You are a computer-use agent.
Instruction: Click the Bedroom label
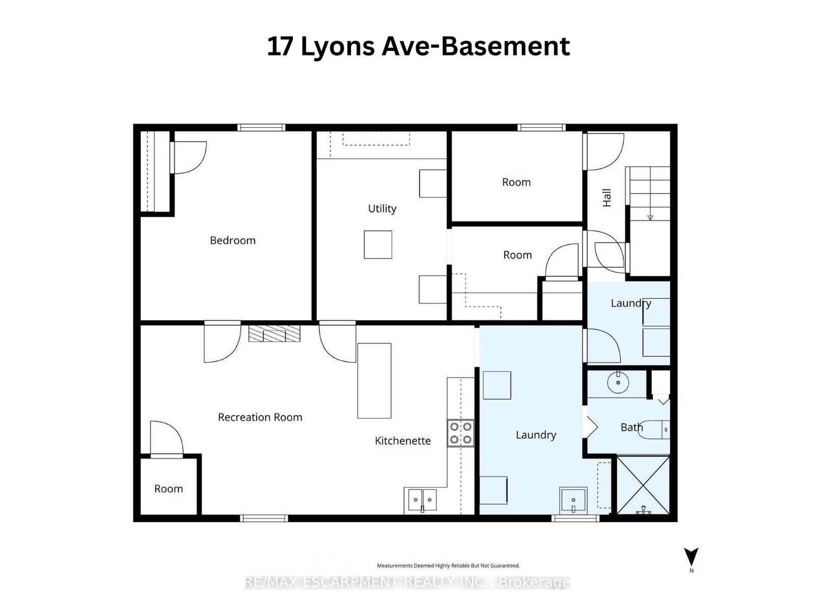tap(232, 240)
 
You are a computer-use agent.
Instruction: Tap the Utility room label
tap(382, 208)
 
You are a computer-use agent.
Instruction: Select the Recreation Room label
tap(260, 418)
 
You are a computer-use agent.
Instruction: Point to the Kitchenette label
tap(403, 441)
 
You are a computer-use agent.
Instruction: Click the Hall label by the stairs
tap(607, 198)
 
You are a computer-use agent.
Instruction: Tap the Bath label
tap(632, 427)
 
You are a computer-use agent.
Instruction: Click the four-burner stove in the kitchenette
tap(460, 433)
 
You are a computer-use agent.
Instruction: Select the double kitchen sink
tap(422, 500)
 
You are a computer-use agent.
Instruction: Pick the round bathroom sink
tap(618, 382)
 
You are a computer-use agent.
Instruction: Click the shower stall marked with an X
tap(643, 485)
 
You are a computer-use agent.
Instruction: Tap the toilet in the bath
tap(656, 430)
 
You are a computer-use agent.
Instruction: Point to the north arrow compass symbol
tap(691, 557)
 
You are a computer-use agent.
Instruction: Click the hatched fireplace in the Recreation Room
tap(275, 333)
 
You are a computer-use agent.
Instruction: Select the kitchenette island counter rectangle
tap(374, 381)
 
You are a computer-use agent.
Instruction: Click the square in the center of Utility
tap(378, 244)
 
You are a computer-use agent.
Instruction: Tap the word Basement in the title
tap(505, 47)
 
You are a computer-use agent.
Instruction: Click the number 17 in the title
tap(280, 47)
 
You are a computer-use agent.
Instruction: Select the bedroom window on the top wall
tap(261, 128)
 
